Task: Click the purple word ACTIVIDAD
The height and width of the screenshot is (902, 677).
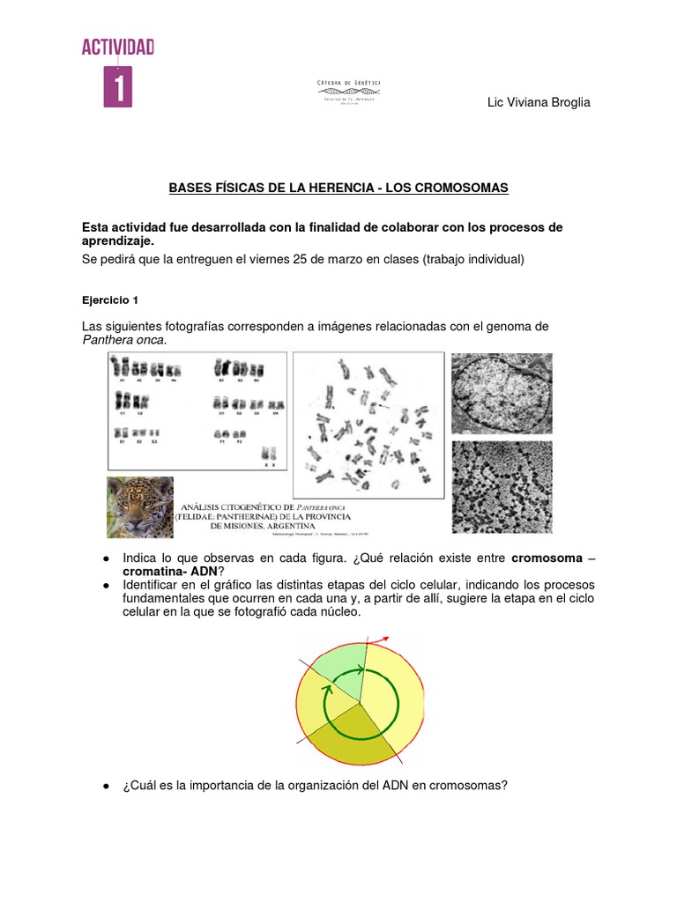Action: point(118,48)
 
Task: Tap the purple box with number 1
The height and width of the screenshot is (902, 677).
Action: point(118,86)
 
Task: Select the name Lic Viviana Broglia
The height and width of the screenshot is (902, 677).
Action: point(539,103)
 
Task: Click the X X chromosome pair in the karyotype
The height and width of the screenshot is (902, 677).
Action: point(270,454)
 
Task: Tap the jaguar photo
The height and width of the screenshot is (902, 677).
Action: point(140,506)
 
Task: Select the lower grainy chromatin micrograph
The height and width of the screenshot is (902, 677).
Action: point(502,486)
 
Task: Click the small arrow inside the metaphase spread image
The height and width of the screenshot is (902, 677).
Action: point(382,406)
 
